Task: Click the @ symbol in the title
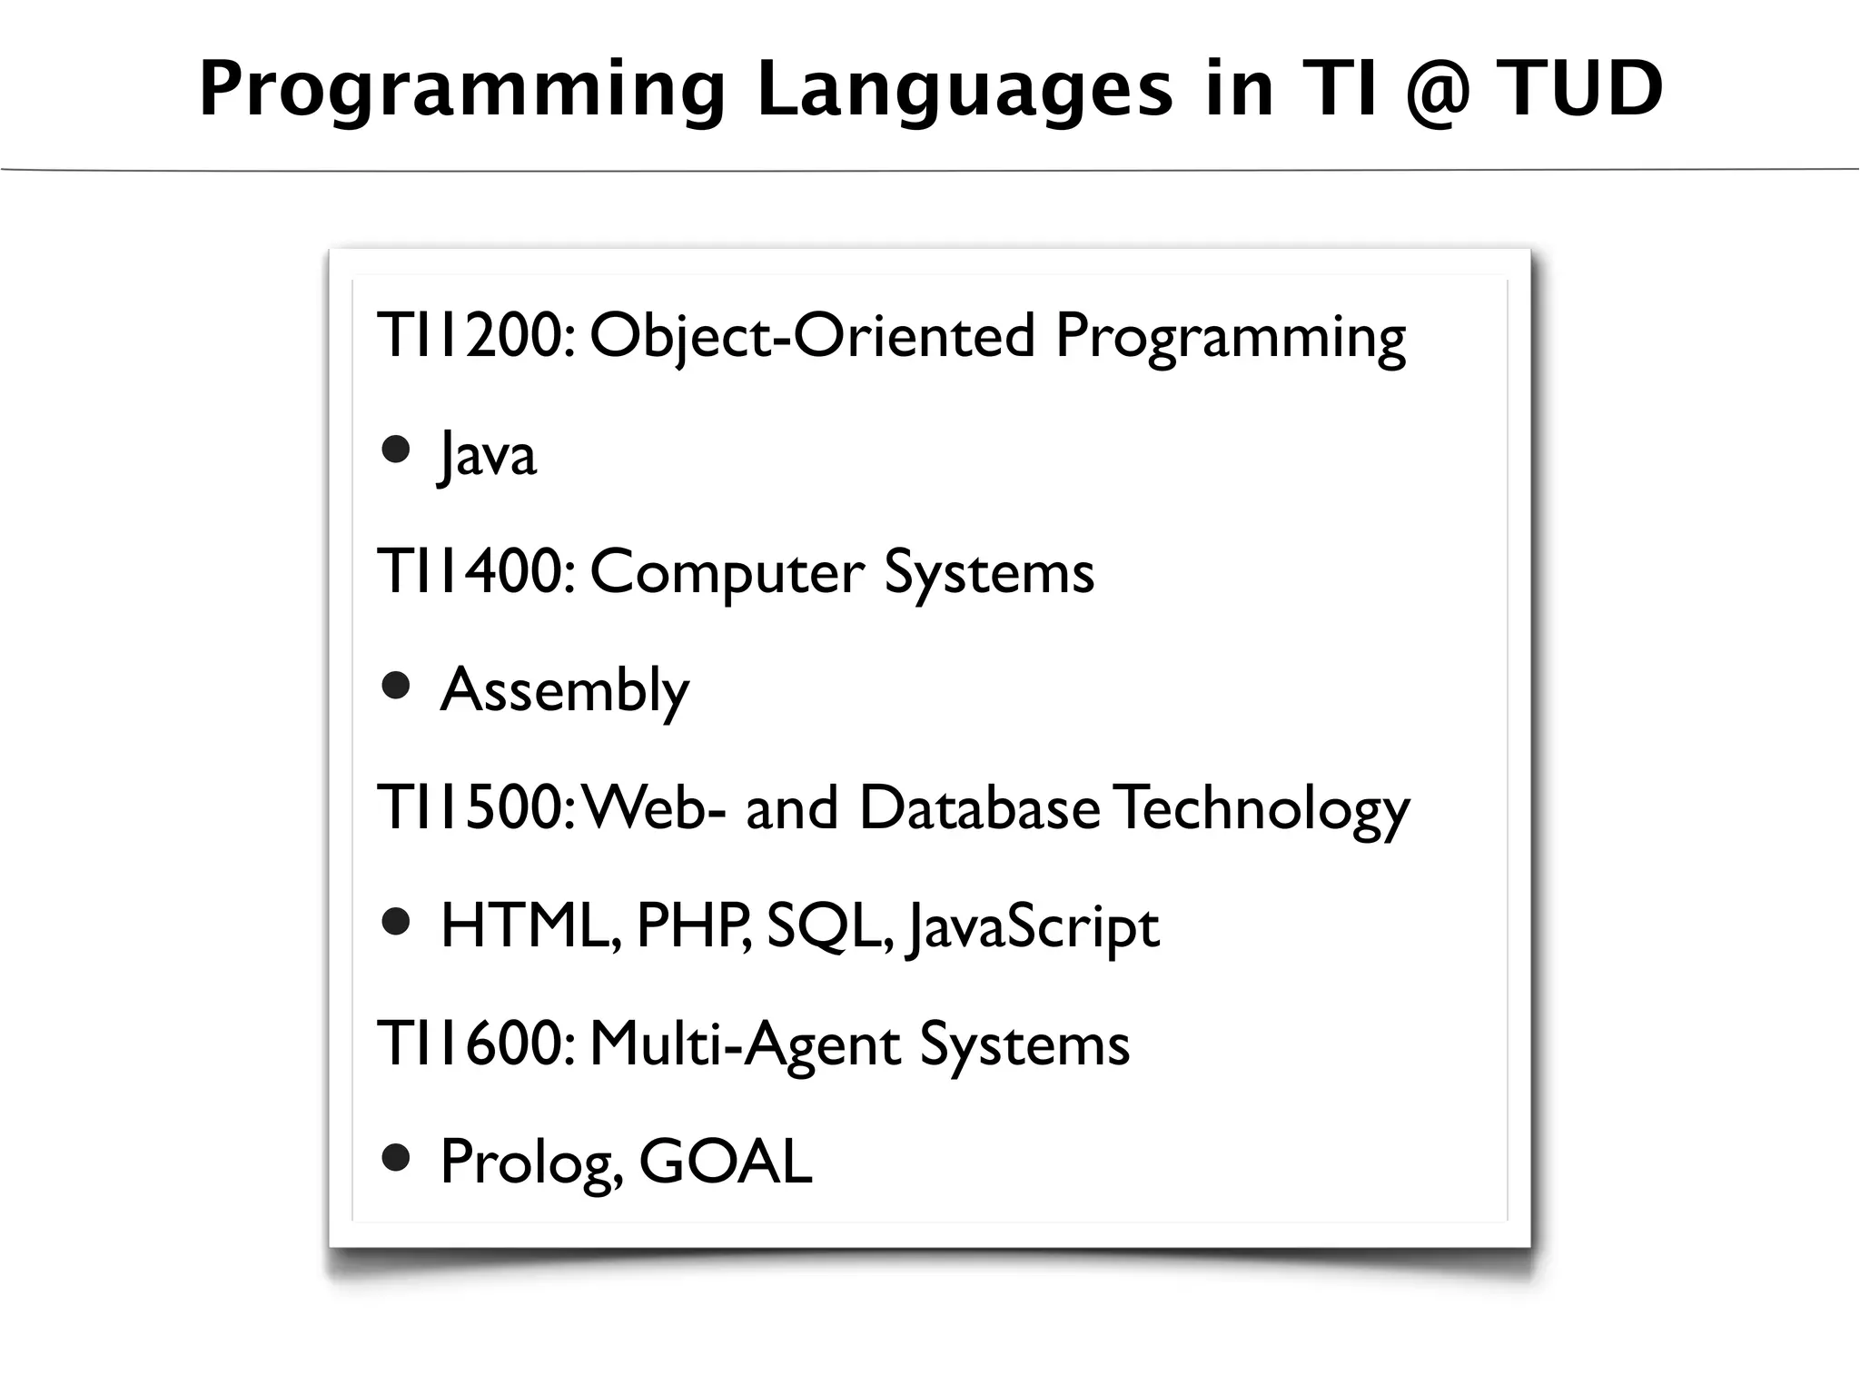click(1438, 91)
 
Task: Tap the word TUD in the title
click(1579, 89)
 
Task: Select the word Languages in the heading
click(965, 91)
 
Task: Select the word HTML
click(529, 926)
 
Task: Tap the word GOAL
click(726, 1162)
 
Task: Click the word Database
click(980, 808)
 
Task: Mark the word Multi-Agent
click(745, 1044)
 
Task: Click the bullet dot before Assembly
click(396, 686)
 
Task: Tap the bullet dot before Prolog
click(396, 1158)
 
